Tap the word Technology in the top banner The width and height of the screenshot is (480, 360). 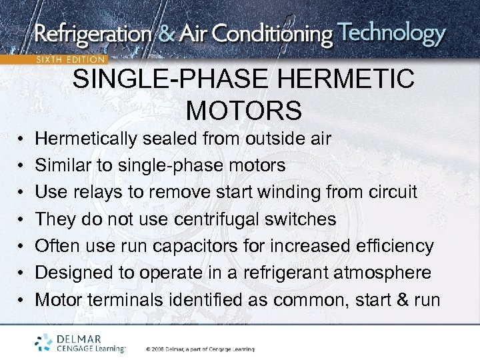coord(391,33)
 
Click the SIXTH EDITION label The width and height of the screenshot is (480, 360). coord(71,59)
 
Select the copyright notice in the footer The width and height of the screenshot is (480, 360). coord(200,349)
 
